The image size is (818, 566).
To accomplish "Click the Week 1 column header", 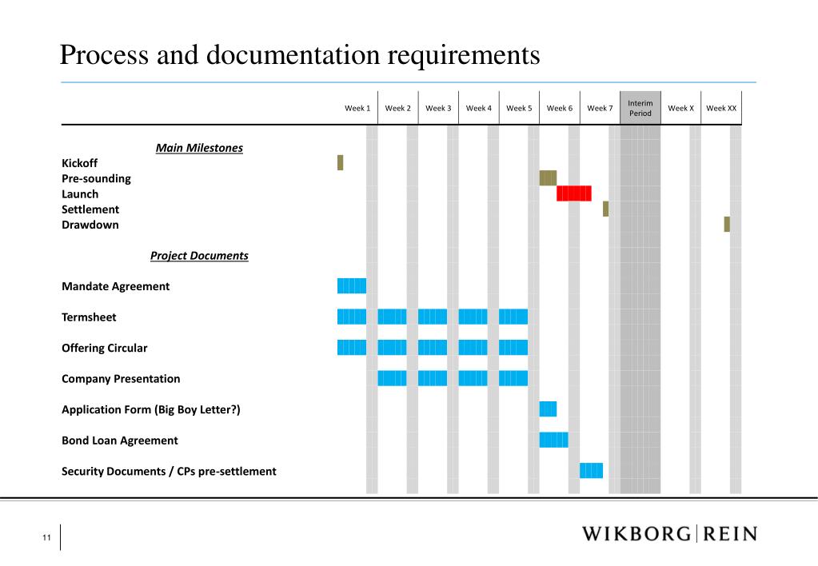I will coord(357,108).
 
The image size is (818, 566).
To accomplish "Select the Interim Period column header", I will coord(640,108).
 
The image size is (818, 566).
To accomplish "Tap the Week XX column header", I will coord(721,108).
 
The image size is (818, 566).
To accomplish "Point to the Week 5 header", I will coord(519,108).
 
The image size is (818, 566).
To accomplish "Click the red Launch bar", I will coord(574,193).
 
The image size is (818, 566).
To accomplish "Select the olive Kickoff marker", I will coord(340,162).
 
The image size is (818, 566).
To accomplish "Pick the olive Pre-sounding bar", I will coord(548,177).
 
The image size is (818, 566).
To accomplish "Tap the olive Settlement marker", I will coord(605,209).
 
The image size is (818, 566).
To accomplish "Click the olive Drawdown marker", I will coord(727,224).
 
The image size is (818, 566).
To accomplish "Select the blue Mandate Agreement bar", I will coord(352,285).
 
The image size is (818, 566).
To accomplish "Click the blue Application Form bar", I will coord(548,409).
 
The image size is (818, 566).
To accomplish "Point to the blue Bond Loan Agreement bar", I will coord(553,440).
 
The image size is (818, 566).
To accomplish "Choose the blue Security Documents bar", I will coord(591,470).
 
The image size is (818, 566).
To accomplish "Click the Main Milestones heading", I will coord(199,148).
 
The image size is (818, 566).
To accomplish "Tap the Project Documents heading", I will coord(199,256).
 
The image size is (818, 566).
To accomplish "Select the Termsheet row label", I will coord(89,317).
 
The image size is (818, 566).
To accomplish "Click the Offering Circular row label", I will coord(104,348).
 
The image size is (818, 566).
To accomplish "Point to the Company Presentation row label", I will coord(121,379).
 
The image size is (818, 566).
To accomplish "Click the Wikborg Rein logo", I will coord(668,534).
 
